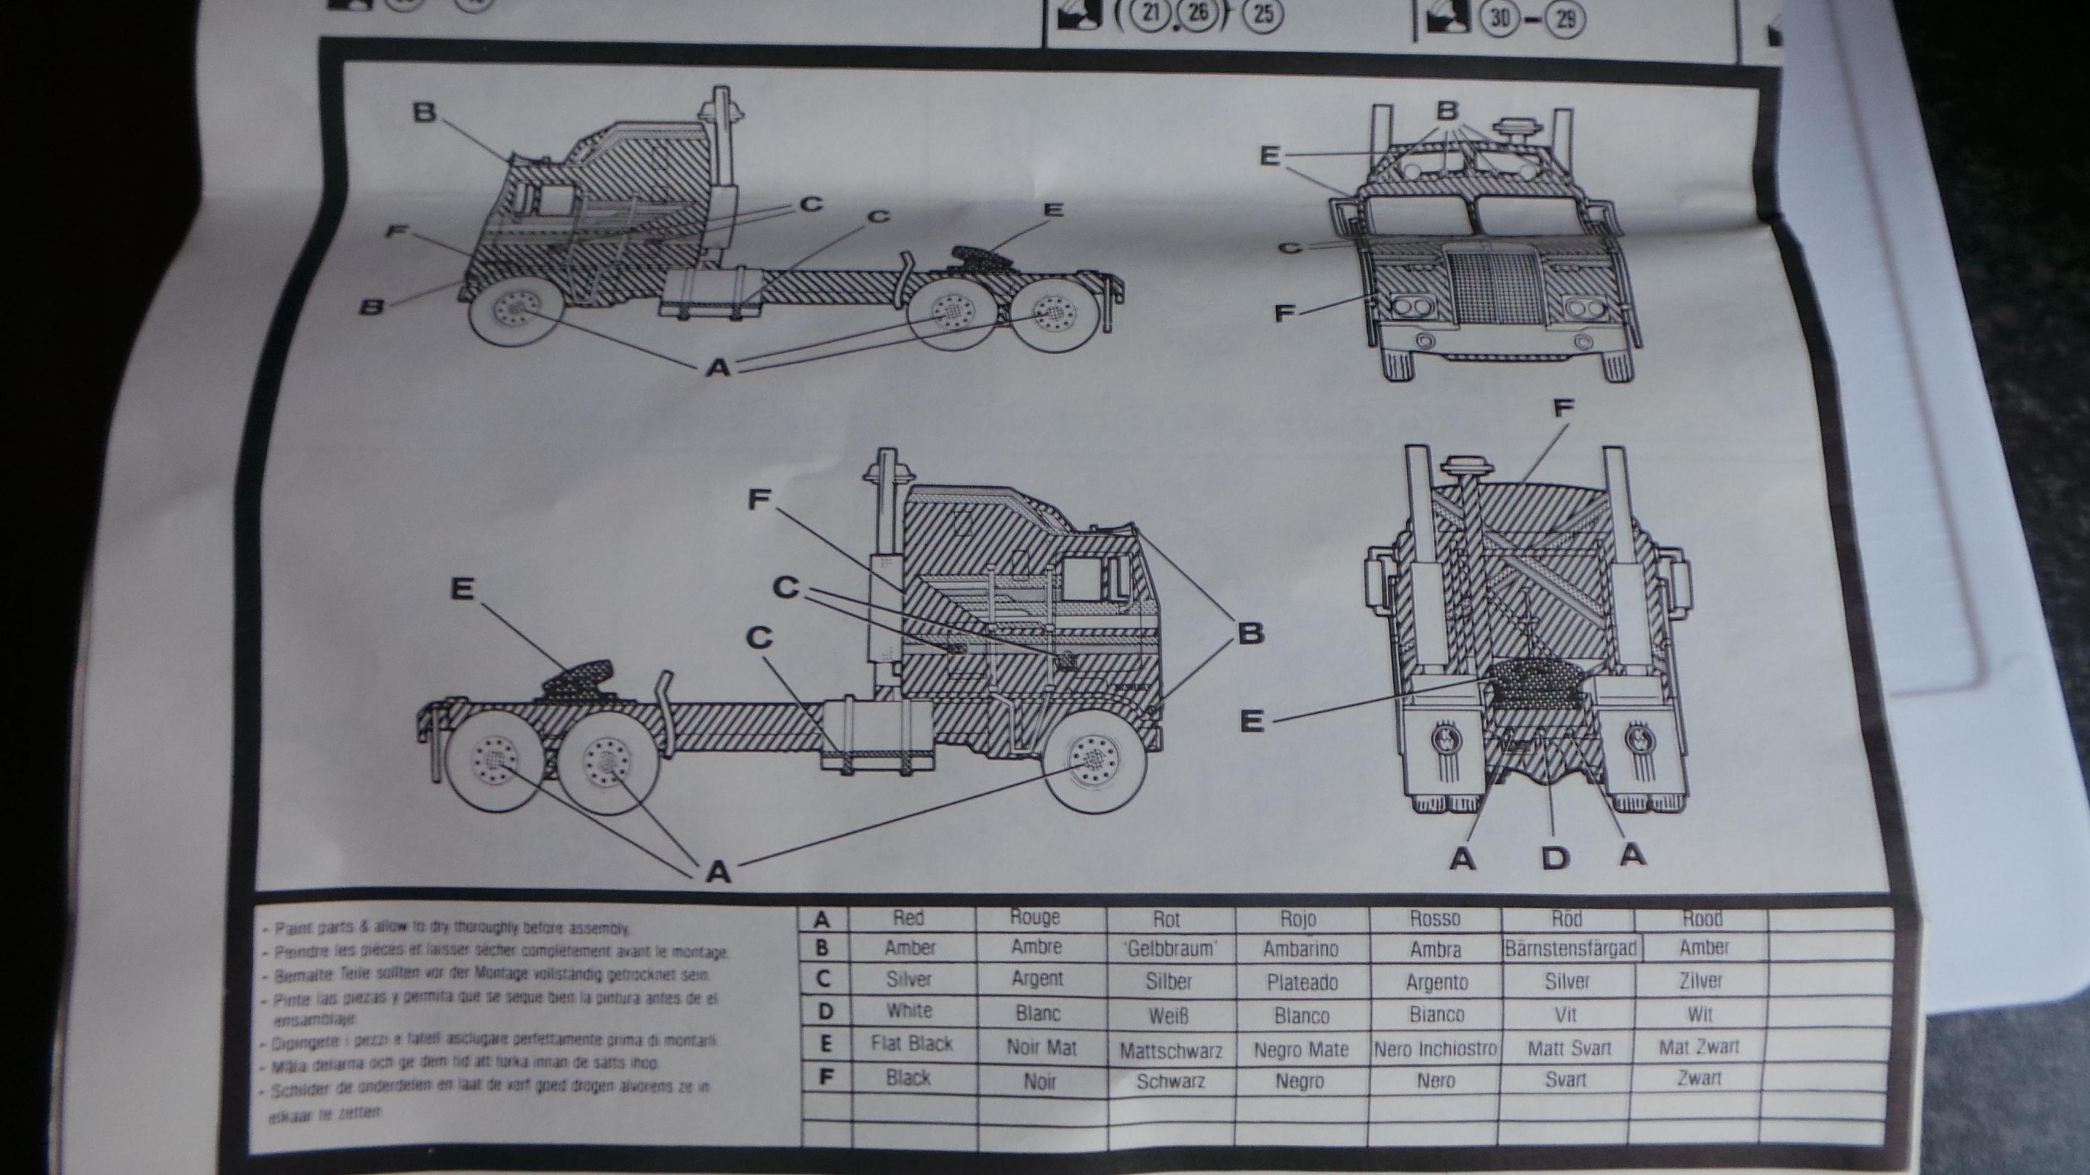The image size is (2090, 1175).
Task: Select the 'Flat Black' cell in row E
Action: pos(911,1044)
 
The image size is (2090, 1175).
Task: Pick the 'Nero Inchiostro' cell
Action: pos(1435,1048)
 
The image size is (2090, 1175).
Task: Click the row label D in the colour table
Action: pos(825,1011)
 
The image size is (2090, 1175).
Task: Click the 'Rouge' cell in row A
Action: pos(1036,917)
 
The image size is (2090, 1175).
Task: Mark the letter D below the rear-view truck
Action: pos(1554,857)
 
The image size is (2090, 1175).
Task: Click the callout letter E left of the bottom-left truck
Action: pos(462,590)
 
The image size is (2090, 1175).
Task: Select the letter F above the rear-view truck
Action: pos(1563,408)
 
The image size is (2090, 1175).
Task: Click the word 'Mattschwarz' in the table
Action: pos(1171,1051)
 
